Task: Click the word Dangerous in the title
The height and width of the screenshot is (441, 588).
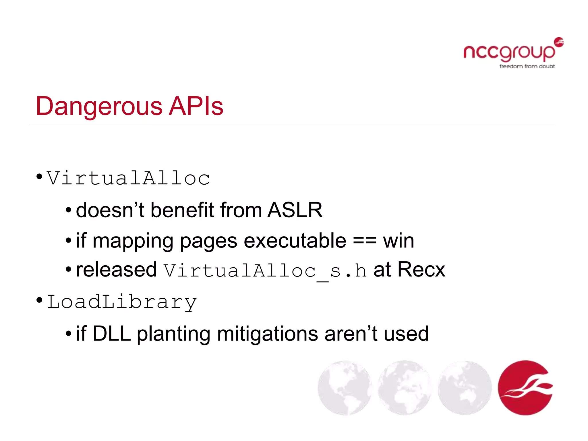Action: (99, 107)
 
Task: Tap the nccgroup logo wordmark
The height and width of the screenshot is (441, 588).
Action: (509, 52)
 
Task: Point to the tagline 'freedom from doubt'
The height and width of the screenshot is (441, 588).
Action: (527, 67)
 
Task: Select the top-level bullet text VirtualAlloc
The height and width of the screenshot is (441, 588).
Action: (128, 178)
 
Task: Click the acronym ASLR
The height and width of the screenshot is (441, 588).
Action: (295, 210)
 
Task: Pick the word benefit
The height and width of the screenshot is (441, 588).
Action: (182, 210)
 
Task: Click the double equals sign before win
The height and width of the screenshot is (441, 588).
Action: (364, 241)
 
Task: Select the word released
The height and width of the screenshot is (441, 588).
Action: (116, 270)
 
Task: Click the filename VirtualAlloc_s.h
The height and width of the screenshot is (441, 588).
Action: (265, 271)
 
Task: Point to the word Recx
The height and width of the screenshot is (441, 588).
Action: (421, 270)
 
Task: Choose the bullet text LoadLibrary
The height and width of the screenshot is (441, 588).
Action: (122, 302)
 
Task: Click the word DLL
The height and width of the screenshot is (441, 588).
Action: (111, 334)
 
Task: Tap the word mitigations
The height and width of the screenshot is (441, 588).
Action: (267, 334)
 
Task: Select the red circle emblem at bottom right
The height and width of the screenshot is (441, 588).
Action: (525, 388)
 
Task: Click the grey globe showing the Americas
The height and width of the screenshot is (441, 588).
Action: (344, 388)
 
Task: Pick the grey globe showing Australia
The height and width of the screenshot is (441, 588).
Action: (465, 388)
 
